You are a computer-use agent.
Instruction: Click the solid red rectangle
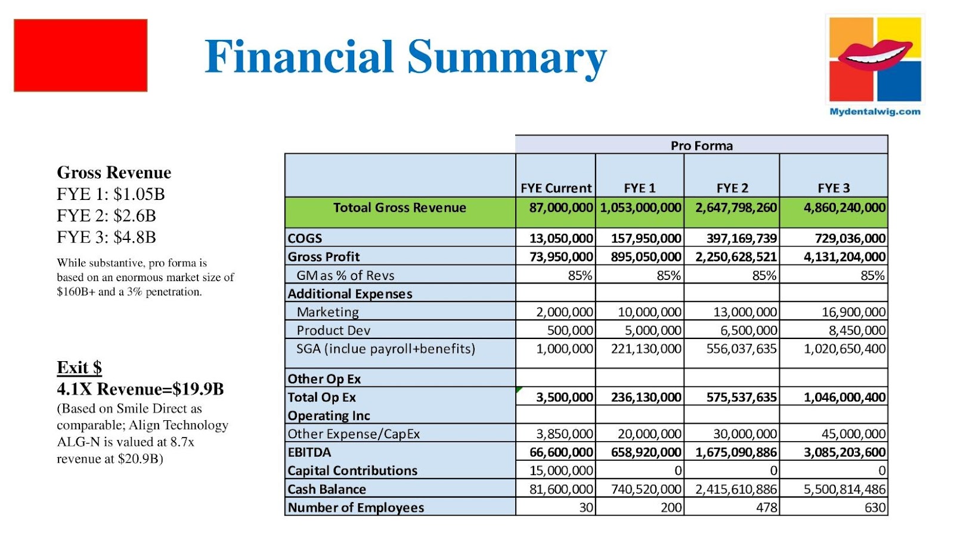click(80, 56)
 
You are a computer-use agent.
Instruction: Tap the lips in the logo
click(874, 55)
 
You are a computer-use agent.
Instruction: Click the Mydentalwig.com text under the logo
click(875, 112)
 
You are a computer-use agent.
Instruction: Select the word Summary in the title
click(507, 58)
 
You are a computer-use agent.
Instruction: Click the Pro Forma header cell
click(701, 146)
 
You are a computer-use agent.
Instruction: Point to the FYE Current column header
click(556, 188)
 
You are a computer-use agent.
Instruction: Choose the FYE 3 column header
click(834, 188)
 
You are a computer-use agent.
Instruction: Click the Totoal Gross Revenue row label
click(399, 208)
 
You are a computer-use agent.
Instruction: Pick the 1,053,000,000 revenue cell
click(640, 208)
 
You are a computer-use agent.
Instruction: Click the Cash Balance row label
click(327, 489)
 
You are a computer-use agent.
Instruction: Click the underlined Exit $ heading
click(79, 368)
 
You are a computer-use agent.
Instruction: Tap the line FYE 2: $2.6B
click(106, 215)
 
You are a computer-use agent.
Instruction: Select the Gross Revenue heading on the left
click(114, 173)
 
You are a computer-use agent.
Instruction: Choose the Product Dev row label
click(333, 331)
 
